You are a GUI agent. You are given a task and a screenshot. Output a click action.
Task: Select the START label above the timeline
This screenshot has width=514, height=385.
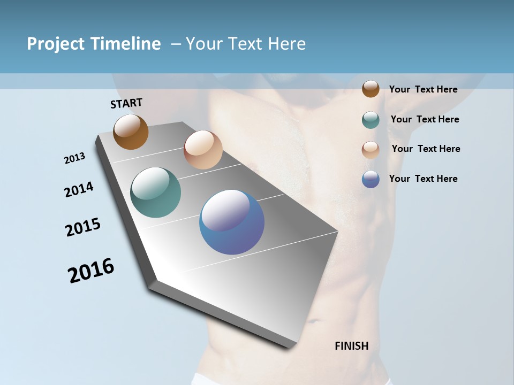pyautogui.click(x=126, y=103)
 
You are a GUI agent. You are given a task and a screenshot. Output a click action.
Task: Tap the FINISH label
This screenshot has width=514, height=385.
pyautogui.click(x=352, y=346)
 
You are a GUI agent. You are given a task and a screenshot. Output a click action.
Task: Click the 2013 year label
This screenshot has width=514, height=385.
pyautogui.click(x=74, y=158)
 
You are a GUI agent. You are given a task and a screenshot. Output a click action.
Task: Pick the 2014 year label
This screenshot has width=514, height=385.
pyautogui.click(x=79, y=190)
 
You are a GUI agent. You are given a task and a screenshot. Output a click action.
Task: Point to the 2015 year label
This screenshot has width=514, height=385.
pyautogui.click(x=83, y=227)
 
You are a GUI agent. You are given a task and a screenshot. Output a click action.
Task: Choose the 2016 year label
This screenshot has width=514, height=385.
pyautogui.click(x=91, y=271)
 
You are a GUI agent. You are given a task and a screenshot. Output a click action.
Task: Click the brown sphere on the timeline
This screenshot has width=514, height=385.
pyautogui.click(x=131, y=132)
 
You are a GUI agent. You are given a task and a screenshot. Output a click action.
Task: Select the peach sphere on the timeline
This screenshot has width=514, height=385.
pyautogui.click(x=203, y=150)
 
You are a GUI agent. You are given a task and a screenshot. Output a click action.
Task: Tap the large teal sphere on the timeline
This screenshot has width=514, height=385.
pyautogui.click(x=156, y=192)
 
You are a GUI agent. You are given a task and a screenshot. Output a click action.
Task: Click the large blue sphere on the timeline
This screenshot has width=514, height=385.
pyautogui.click(x=232, y=222)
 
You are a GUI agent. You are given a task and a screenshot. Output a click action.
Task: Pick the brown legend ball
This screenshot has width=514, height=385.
pyautogui.click(x=371, y=89)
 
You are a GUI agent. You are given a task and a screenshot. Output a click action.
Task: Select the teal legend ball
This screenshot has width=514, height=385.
pyautogui.click(x=371, y=120)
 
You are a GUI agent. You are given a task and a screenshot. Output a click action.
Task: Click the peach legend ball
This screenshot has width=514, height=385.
pyautogui.click(x=371, y=149)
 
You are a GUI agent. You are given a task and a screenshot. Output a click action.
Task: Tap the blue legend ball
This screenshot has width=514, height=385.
pyautogui.click(x=371, y=179)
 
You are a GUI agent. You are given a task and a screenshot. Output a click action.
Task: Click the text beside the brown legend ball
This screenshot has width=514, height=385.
pyautogui.click(x=423, y=89)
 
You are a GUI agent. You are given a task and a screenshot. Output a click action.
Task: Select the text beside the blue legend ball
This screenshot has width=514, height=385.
pyautogui.click(x=423, y=179)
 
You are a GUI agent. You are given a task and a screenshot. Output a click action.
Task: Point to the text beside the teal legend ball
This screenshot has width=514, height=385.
pyautogui.click(x=425, y=119)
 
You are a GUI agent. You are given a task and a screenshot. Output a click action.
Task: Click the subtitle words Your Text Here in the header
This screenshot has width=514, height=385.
pyautogui.click(x=246, y=44)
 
